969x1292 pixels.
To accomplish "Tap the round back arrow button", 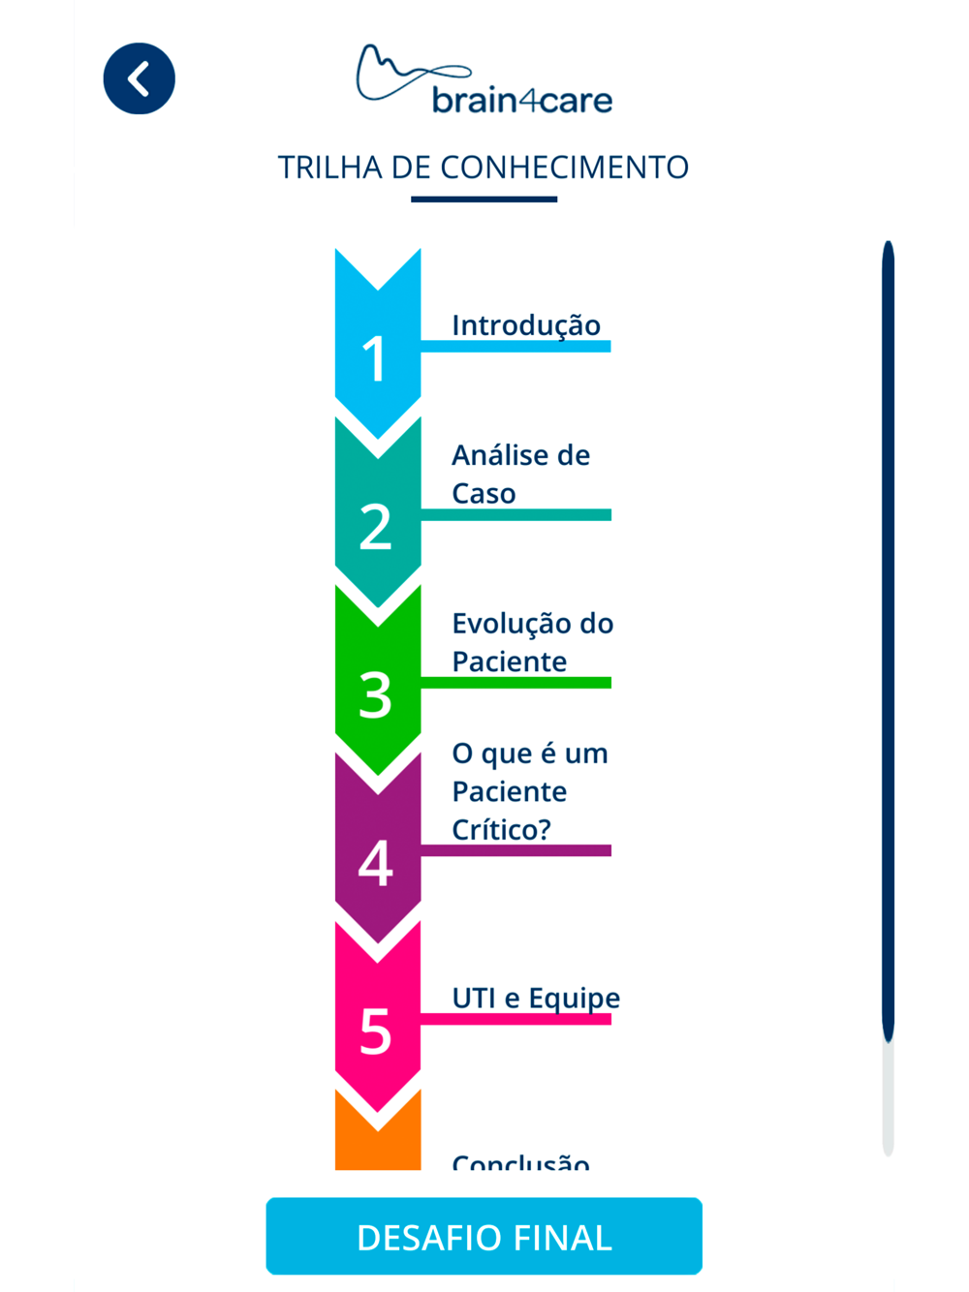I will pos(139,78).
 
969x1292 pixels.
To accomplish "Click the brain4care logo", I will pos(484,79).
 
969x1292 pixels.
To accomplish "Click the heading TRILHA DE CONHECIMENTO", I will pos(484,168).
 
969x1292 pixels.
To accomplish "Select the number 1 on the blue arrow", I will pos(375,358).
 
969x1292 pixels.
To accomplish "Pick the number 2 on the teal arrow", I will pos(375,527).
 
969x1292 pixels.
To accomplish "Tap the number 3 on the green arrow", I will pos(375,695).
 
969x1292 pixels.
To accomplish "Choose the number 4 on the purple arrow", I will pos(375,863).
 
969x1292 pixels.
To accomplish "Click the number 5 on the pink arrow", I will pos(375,1031).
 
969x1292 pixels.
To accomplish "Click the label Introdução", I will pos(526,325).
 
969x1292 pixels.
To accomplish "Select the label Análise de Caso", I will pos(520,474).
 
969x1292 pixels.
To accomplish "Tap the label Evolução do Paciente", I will pos(532,642).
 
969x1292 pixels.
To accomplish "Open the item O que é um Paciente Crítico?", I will pos(529,791).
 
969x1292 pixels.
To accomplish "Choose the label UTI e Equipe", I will pos(536,998).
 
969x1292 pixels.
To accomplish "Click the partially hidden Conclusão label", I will pos(520,1161).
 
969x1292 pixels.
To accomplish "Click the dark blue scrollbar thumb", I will pos(888,639).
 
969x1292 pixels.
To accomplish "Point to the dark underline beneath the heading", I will pos(484,200).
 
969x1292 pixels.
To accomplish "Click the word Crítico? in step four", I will pos(501,830).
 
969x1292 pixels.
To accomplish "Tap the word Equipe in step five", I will pos(574,998).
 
